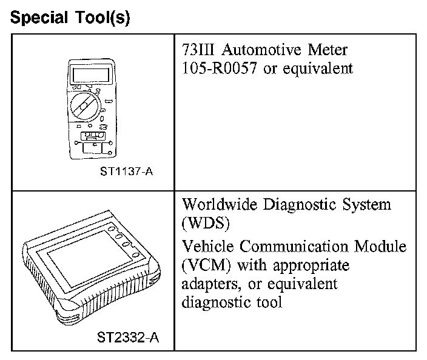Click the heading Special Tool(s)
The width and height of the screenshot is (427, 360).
[70, 18]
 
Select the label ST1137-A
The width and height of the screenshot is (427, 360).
[127, 172]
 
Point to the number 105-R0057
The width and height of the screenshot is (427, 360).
[217, 68]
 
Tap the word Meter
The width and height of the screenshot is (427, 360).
[328, 50]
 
